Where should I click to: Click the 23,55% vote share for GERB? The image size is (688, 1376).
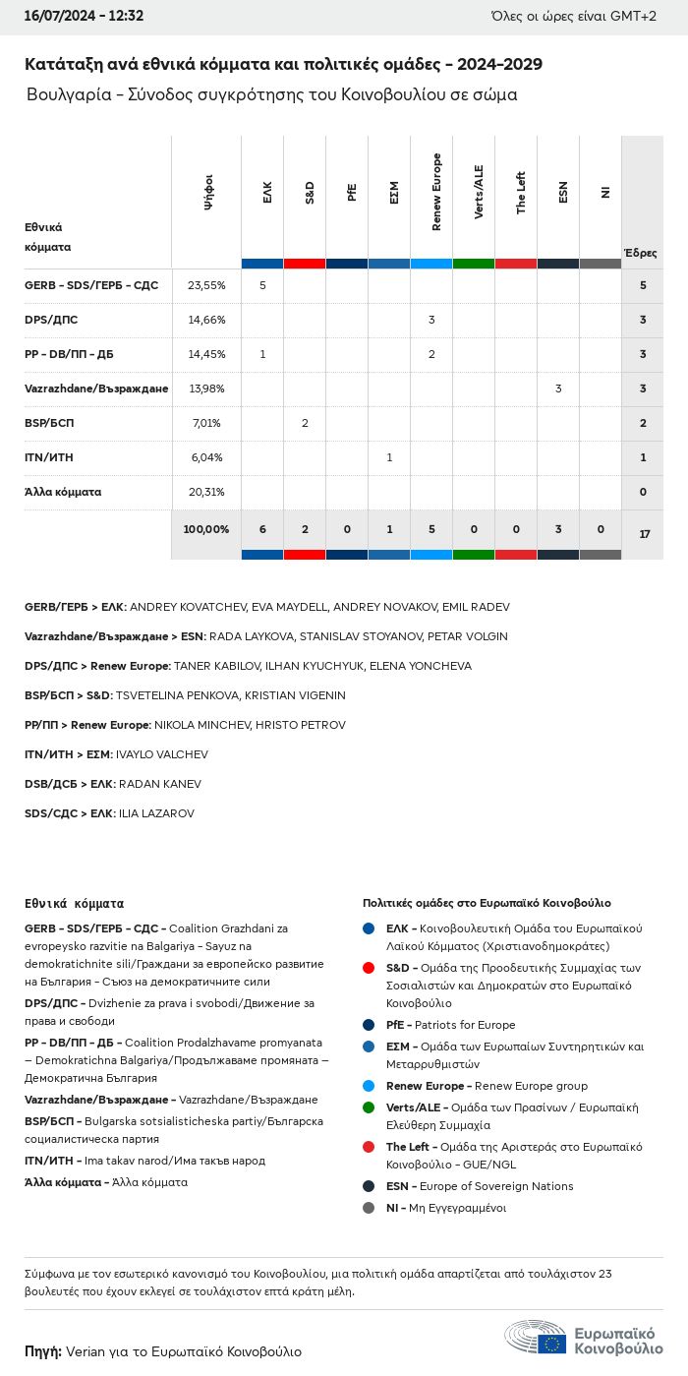(x=206, y=285)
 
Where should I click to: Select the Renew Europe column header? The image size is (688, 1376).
(x=432, y=193)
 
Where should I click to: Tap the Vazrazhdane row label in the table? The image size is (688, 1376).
(x=96, y=389)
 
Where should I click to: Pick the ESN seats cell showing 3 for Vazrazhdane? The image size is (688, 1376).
(x=558, y=389)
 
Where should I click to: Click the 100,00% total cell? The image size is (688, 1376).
(x=206, y=529)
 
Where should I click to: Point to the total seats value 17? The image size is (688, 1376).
(x=644, y=534)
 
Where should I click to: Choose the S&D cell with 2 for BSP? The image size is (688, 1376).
(x=305, y=423)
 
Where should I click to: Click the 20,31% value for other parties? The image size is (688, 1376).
(x=206, y=492)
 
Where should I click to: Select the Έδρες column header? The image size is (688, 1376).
(x=641, y=253)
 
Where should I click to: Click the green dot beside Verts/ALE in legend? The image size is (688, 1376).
(x=369, y=1107)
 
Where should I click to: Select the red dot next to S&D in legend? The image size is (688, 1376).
(x=369, y=968)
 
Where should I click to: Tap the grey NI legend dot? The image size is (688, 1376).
(x=369, y=1208)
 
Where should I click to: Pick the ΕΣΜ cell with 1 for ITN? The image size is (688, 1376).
(x=389, y=457)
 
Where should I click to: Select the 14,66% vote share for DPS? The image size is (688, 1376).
(x=206, y=320)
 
